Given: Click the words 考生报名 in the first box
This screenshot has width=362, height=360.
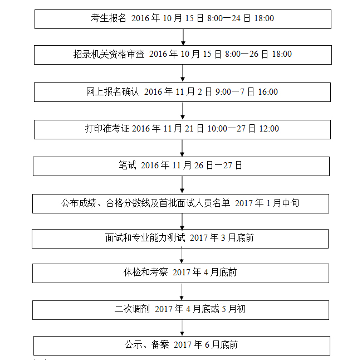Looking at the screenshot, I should tap(109, 18).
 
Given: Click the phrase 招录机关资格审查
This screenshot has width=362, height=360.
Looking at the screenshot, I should tap(109, 55).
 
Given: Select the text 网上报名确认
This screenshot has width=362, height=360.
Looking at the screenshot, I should tap(112, 92).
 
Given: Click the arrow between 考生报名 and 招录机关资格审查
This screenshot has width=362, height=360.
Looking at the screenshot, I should tap(183, 37).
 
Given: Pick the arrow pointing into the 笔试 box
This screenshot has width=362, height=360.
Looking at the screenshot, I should tap(182, 148).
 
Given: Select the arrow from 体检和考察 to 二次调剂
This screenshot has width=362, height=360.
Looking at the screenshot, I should tap(182, 291).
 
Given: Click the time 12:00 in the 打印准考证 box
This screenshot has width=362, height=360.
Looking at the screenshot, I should tap(268, 129).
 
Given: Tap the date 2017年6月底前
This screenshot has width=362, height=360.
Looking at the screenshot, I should tap(206, 345).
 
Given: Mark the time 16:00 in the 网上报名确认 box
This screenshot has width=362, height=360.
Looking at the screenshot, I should tap(267, 92).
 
